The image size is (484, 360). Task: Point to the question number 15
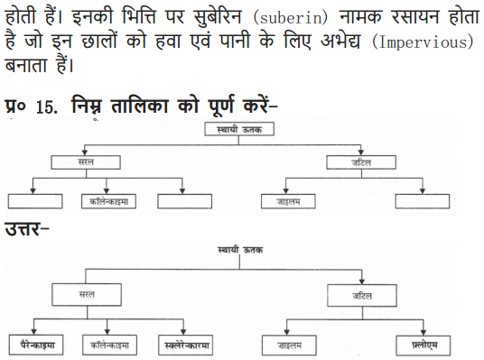pos(46,106)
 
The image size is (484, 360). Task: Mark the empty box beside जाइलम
pos(423,200)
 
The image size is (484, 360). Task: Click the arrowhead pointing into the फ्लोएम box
pos(423,333)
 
